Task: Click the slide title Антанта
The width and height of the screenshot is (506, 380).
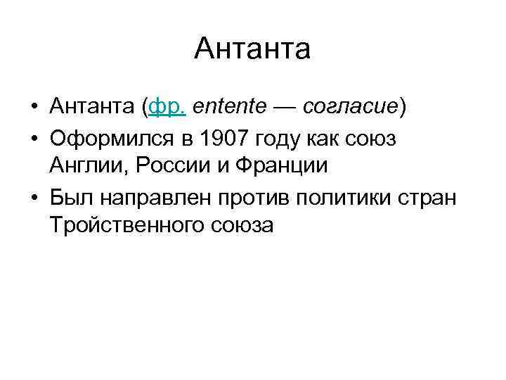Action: pyautogui.click(x=252, y=50)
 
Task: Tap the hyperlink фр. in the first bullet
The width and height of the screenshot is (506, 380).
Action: pyautogui.click(x=166, y=107)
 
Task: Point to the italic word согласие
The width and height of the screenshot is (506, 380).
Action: pyautogui.click(x=352, y=107)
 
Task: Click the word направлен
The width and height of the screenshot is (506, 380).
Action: pyautogui.click(x=146, y=198)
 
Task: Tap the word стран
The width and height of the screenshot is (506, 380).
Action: pyautogui.click(x=427, y=198)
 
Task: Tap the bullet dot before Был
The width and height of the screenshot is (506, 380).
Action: pyautogui.click(x=34, y=198)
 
